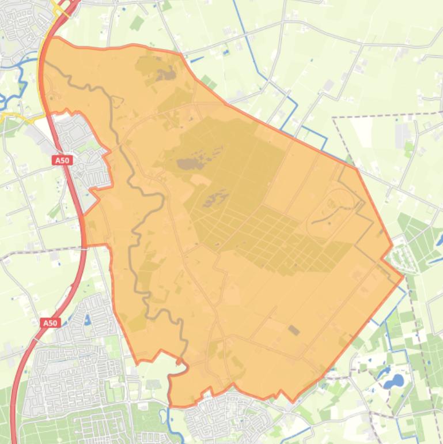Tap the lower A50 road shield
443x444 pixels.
pos(50,323)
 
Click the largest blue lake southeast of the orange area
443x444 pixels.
pos(393,381)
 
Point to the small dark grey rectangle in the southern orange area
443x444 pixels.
pos(294,330)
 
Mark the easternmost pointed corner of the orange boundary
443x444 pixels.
pos(403,277)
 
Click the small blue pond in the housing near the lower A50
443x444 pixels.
pos(88,319)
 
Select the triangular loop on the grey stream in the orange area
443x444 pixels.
pos(118,101)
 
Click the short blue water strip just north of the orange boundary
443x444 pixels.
pos(197,59)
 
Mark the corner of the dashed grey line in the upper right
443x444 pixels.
pos(334,118)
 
